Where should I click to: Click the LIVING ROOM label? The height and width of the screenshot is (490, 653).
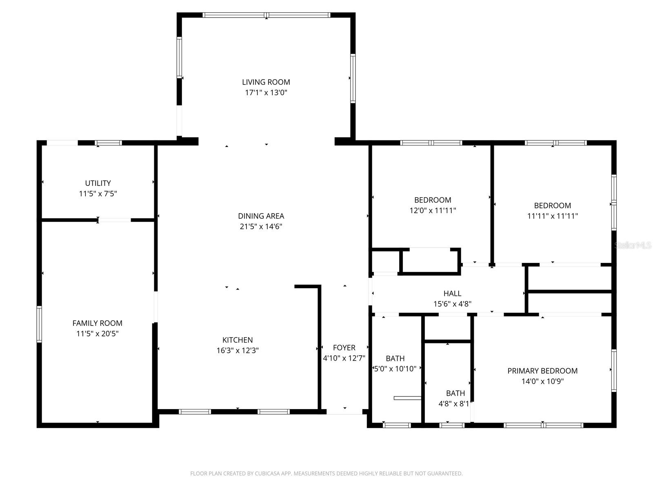pyautogui.click(x=266, y=82)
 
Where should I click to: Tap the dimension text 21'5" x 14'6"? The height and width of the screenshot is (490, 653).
pyautogui.click(x=261, y=227)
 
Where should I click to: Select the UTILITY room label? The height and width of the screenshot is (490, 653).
pyautogui.click(x=98, y=183)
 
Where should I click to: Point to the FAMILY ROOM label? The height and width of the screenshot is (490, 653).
pyautogui.click(x=97, y=323)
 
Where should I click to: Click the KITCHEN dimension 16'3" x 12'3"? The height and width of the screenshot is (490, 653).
pyautogui.click(x=238, y=350)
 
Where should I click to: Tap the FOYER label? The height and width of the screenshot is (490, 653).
pyautogui.click(x=344, y=347)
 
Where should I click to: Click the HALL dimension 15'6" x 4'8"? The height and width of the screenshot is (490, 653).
pyautogui.click(x=452, y=304)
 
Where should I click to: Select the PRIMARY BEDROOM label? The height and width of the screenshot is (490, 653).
pyautogui.click(x=542, y=371)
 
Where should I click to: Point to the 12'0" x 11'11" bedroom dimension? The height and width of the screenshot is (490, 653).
pyautogui.click(x=433, y=211)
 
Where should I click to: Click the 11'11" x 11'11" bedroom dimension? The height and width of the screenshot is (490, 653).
pyautogui.click(x=552, y=216)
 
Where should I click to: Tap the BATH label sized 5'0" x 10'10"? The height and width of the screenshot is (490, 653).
pyautogui.click(x=395, y=359)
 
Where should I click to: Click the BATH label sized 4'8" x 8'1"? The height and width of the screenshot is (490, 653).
pyautogui.click(x=455, y=393)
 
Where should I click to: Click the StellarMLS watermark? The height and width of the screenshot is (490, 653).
pyautogui.click(x=633, y=245)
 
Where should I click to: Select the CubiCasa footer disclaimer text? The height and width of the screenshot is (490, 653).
pyautogui.click(x=326, y=474)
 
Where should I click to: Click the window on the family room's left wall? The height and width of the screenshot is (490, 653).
pyautogui.click(x=39, y=324)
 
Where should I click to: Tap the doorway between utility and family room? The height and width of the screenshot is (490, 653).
pyautogui.click(x=115, y=220)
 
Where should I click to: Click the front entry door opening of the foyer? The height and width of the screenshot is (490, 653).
pyautogui.click(x=344, y=412)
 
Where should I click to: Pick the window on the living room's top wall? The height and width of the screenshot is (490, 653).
pyautogui.click(x=266, y=15)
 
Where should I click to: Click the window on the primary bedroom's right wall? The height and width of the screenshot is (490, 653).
pyautogui.click(x=613, y=370)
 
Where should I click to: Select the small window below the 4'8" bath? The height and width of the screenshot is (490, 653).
pyautogui.click(x=452, y=425)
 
